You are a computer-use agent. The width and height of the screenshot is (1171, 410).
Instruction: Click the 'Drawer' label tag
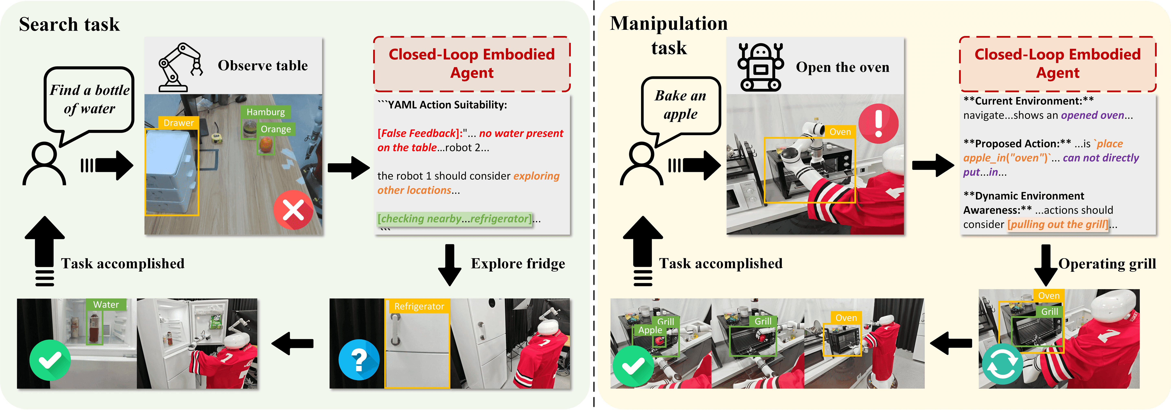tap(178, 123)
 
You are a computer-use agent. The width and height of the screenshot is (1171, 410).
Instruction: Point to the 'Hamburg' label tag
tap(265, 112)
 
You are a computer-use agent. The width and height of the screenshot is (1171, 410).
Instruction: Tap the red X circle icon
tap(293, 210)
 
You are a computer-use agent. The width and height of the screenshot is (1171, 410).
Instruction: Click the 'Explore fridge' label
tap(518, 264)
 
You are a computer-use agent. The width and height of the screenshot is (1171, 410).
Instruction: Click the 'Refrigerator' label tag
tap(419, 306)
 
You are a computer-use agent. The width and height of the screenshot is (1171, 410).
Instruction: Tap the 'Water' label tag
tap(106, 305)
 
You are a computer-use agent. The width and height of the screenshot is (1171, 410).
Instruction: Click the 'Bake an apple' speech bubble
tap(681, 105)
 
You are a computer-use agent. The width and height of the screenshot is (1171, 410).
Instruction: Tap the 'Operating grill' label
tap(1107, 264)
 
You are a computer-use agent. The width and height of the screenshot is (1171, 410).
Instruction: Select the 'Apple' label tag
tap(650, 330)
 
